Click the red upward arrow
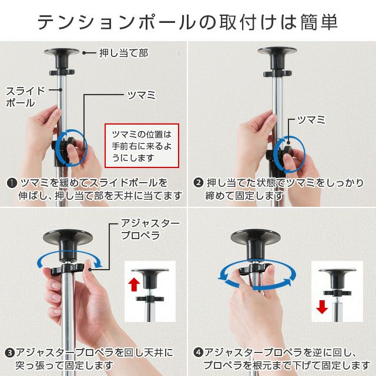134,284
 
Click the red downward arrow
322,307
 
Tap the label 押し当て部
124,53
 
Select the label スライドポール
25,97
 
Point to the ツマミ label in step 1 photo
142,95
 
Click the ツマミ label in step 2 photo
311,120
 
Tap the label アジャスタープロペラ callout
150,229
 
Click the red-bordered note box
142,146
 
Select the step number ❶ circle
12,183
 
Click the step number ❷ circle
199,183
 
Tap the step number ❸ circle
10,353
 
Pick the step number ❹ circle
199,352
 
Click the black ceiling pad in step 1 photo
62,58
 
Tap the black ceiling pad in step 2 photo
277,57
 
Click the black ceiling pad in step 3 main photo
68,242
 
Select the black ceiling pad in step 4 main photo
256,242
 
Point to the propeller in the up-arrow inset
150,299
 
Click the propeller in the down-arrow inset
337,293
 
